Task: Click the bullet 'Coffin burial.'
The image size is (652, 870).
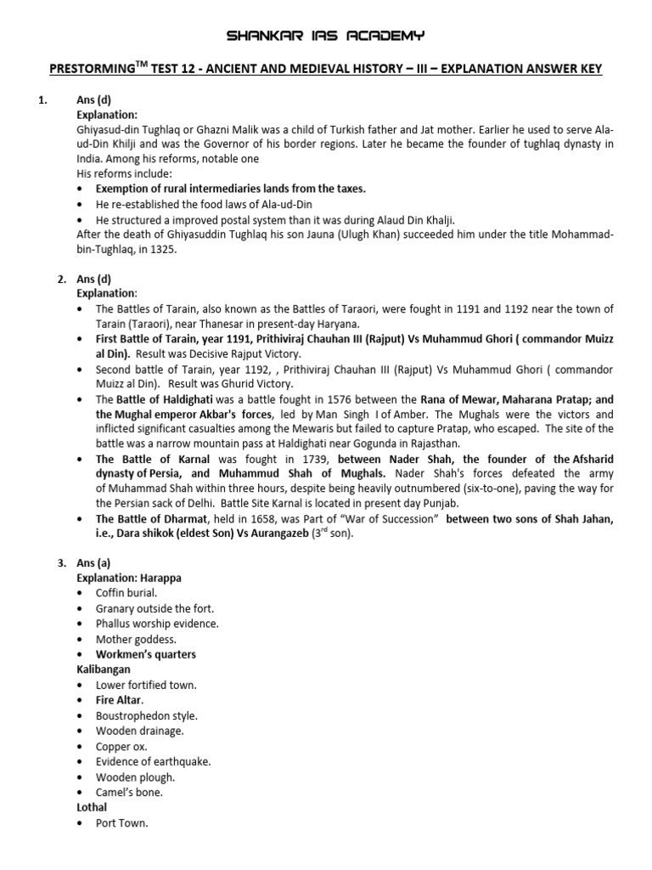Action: click(x=126, y=593)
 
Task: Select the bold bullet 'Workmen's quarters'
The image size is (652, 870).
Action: click(x=145, y=654)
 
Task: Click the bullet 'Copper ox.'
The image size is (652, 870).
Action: click(x=121, y=746)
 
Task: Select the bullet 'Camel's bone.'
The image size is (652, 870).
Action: click(x=129, y=792)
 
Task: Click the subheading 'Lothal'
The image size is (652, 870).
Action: click(x=92, y=807)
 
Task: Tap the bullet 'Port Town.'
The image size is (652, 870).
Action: click(x=122, y=822)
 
